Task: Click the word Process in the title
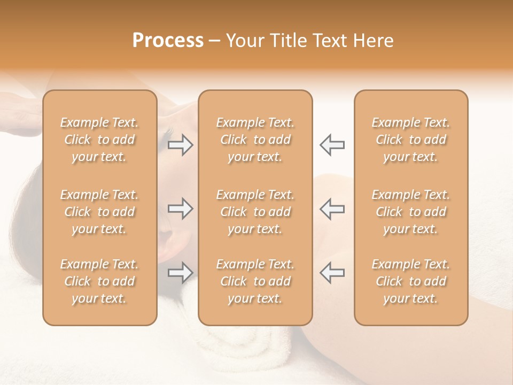(x=168, y=41)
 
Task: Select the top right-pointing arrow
(x=181, y=145)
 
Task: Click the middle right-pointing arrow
(x=181, y=209)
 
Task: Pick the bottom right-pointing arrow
(x=181, y=273)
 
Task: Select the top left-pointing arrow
(x=332, y=145)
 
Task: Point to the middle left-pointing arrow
(x=332, y=209)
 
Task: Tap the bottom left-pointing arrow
(x=332, y=273)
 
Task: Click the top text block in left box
(x=99, y=140)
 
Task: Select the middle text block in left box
(x=99, y=212)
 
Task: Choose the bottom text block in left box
(x=99, y=281)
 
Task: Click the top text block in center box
(x=255, y=140)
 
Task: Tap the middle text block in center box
(x=255, y=212)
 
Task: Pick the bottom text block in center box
(x=255, y=281)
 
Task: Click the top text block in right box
(x=410, y=140)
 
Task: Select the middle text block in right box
(x=410, y=212)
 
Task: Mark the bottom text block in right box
(x=410, y=281)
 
